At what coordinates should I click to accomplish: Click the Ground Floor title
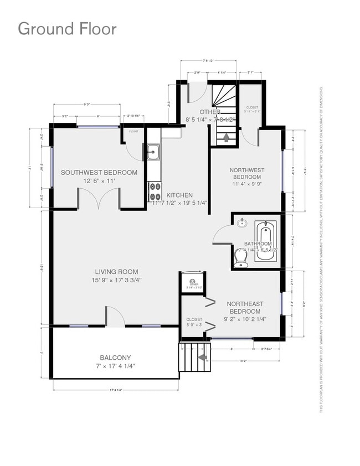(67, 29)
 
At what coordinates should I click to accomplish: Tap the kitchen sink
(153, 152)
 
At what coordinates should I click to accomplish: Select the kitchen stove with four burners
(153, 191)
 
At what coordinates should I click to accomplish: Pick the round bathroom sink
(242, 224)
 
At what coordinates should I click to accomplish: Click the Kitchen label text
(179, 195)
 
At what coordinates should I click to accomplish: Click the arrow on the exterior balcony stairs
(203, 358)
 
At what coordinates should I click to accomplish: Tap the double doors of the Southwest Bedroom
(99, 199)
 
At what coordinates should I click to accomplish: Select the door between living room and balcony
(115, 317)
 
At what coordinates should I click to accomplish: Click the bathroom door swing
(222, 234)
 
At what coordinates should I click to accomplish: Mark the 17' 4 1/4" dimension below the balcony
(115, 391)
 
